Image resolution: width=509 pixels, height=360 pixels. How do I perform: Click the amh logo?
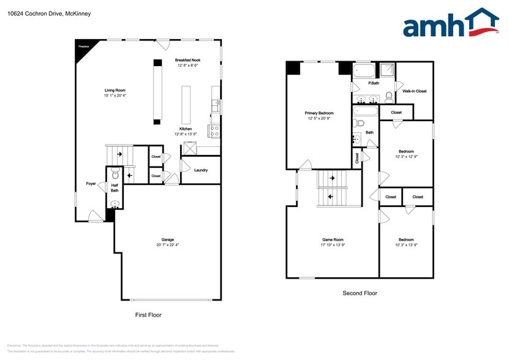450,24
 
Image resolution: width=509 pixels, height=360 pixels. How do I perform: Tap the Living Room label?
115,90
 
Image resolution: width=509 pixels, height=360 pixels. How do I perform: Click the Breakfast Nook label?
187,60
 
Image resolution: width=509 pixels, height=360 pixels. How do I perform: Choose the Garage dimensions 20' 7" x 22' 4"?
167,245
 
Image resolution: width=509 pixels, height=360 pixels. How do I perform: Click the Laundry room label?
200,170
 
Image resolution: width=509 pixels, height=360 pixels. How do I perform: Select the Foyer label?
91,183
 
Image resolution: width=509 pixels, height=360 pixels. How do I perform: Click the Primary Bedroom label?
319,113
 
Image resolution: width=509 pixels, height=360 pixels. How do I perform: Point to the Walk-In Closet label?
414,91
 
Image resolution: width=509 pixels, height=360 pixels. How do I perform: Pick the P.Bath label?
373,83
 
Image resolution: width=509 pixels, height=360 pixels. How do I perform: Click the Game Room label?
333,239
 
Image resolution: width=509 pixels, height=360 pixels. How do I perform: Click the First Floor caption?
148,315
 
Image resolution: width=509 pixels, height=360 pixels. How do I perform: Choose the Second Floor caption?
360,293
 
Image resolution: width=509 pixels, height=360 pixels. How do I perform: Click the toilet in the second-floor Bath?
360,122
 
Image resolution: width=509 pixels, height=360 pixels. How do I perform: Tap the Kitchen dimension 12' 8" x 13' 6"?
186,134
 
